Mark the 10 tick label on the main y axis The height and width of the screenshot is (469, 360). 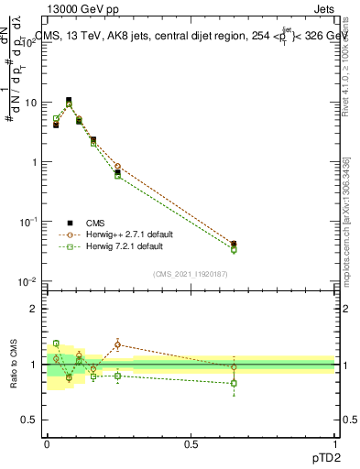click(32, 104)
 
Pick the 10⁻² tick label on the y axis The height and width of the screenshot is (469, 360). click(30, 281)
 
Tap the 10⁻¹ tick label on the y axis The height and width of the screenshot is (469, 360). click(30, 222)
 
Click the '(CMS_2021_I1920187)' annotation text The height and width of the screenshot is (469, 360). click(191, 273)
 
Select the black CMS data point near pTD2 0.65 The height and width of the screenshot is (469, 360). click(234, 245)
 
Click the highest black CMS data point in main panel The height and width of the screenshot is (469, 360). click(69, 100)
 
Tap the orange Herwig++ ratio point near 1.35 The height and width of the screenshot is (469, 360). click(118, 344)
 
